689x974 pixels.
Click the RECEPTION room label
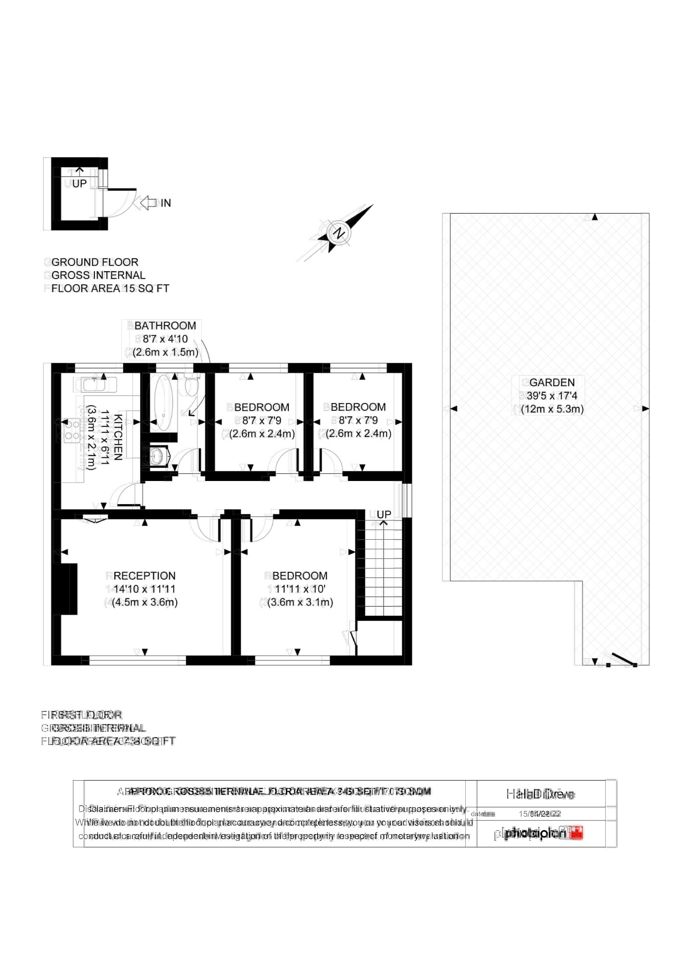144,576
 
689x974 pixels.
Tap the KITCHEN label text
118,437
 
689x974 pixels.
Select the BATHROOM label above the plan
165,326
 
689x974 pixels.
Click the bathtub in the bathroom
163,403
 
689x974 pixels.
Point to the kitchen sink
95,384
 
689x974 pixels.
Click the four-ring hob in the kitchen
72,430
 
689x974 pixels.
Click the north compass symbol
339,233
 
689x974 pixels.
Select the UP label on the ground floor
79,183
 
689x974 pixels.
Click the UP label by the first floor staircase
383,514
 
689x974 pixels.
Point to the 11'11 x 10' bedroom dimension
300,589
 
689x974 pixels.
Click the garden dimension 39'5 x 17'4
551,396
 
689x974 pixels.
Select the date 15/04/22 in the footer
534,814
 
